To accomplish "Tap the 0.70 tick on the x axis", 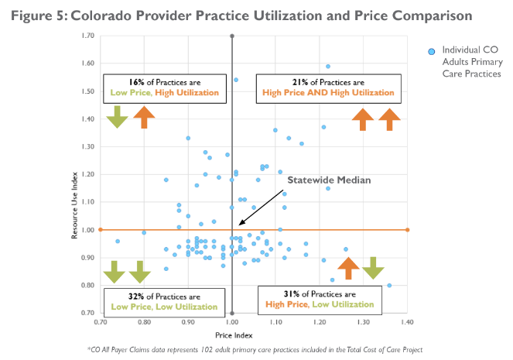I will [101, 320].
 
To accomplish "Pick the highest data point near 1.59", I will [328, 67].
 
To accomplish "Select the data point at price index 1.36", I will [389, 285].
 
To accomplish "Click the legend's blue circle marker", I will [432, 52].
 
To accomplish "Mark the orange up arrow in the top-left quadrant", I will [143, 117].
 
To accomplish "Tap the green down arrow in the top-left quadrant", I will [118, 117].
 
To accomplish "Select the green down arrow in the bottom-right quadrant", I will [373, 267].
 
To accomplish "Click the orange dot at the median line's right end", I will [408, 229].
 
